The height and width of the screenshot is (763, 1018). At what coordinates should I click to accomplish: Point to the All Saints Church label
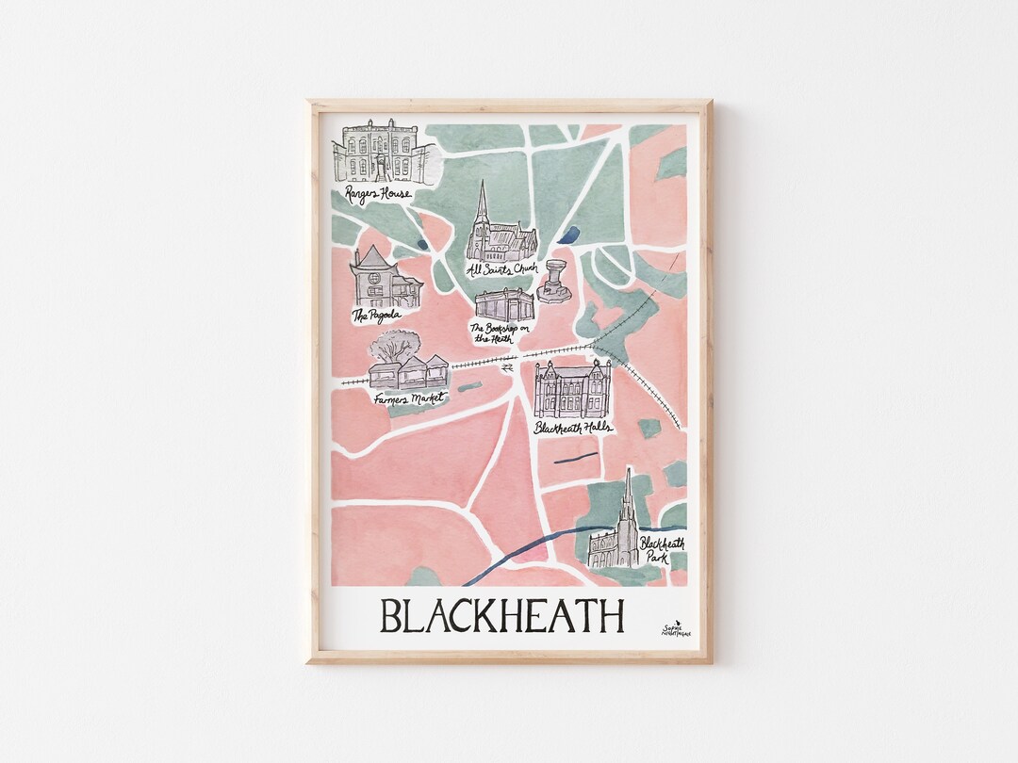[x=501, y=269]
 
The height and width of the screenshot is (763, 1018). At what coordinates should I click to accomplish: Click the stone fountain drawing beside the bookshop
[x=555, y=281]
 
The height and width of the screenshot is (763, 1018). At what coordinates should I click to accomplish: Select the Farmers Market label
[x=407, y=398]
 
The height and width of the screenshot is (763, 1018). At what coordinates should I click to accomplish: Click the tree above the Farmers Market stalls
[x=394, y=346]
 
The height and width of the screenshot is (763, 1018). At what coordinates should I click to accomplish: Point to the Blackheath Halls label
[x=572, y=428]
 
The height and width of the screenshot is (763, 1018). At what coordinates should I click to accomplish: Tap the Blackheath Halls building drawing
[x=572, y=389]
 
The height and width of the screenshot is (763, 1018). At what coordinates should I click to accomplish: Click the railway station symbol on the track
[x=507, y=368]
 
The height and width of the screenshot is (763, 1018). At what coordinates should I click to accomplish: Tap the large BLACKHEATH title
[x=501, y=616]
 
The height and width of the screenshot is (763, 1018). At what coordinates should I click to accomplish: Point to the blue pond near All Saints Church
[x=570, y=235]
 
